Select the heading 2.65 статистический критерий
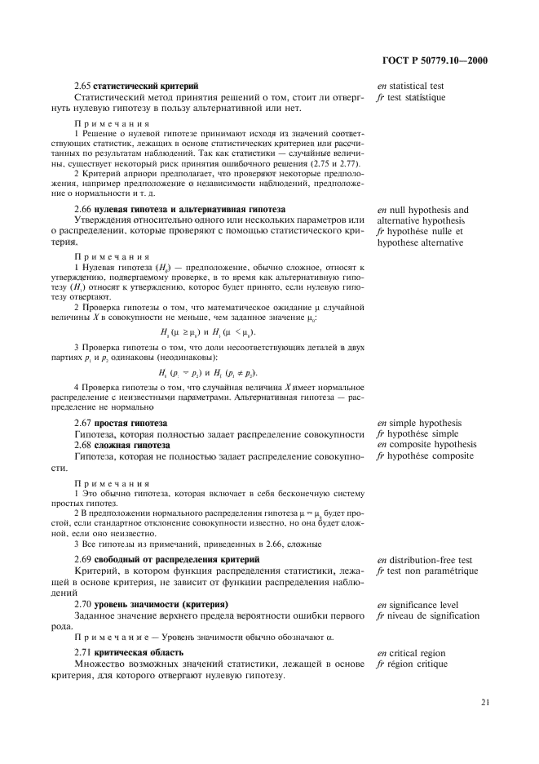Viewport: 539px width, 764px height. tap(135, 86)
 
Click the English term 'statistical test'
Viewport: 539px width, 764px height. tap(410, 86)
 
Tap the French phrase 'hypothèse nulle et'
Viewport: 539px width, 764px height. tap(418, 232)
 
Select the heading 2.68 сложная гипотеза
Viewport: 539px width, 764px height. tap(121, 445)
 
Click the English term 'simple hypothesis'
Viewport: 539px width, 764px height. tap(419, 423)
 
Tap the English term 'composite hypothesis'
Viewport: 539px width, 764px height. tap(426, 445)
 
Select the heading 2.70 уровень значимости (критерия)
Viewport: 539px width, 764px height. tap(151, 604)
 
